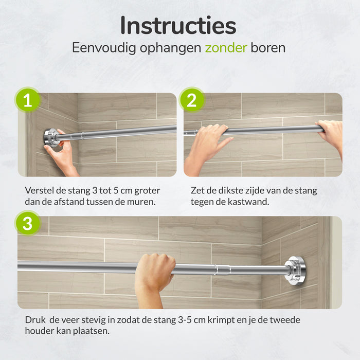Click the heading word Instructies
point(178,26)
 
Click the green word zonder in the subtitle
point(226,48)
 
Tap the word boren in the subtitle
point(268,48)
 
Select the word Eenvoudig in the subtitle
point(104,48)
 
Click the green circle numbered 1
point(28,100)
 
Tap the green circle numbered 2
point(192,100)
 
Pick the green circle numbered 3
point(28,223)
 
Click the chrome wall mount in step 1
point(51,138)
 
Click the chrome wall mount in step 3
point(295,271)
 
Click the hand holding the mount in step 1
point(60,154)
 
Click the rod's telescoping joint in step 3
point(223,270)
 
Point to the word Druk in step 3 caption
point(35,320)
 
